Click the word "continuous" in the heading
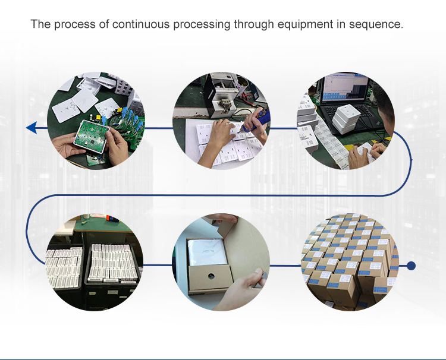[x=141, y=24]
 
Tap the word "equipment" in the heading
[x=305, y=25]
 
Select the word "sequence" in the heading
[x=376, y=25]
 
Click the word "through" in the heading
[x=254, y=25]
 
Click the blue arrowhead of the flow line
[x=32, y=128]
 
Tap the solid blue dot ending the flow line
[x=411, y=266]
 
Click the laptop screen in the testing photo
[x=345, y=87]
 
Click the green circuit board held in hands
[x=91, y=136]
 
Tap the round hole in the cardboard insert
[x=211, y=276]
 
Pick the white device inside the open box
[x=208, y=252]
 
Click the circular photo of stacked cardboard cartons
[x=350, y=262]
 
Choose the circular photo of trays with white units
[x=95, y=262]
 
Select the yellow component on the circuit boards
[x=99, y=117]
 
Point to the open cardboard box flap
[x=244, y=242]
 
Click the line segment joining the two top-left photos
[x=158, y=128]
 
